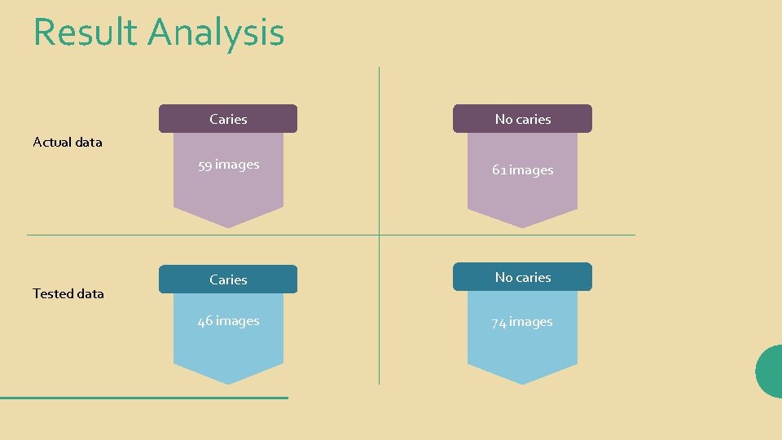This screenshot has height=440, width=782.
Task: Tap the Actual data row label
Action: pos(68,143)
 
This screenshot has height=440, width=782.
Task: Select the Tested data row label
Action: pos(68,294)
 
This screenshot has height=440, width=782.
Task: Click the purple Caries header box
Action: pos(228,119)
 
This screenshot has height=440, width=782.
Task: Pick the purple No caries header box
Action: pos(522,119)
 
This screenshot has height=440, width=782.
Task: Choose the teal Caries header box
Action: pos(228,279)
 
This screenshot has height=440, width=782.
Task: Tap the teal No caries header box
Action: pos(522,277)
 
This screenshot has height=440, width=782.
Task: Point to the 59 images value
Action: pos(228,165)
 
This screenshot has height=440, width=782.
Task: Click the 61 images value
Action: pos(522,170)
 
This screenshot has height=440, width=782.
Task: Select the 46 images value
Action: pos(228,321)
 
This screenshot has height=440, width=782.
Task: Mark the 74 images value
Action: pos(522,322)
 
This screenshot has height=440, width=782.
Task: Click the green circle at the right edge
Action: pos(770,372)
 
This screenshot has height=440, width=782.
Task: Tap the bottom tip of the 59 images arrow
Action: pos(229,226)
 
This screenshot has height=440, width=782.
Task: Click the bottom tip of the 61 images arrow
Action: pos(522,226)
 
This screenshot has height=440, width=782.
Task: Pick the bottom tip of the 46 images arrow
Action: pos(229,382)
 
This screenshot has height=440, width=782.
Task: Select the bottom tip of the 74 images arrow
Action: pos(522,382)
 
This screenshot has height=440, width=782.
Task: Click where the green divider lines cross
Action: pos(380,235)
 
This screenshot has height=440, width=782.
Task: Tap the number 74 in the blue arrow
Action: pos(499,323)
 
